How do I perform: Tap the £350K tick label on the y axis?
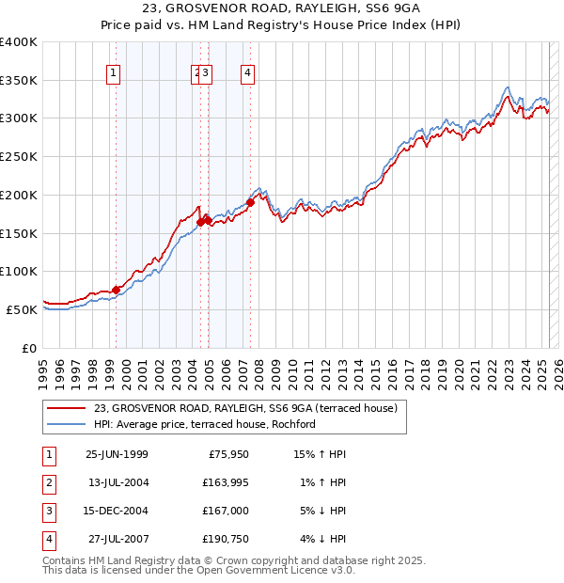pyautogui.click(x=20, y=81)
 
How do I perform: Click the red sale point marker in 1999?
pyautogui.click(x=117, y=290)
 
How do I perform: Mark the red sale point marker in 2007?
pyautogui.click(x=251, y=202)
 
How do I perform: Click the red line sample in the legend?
pyautogui.click(x=66, y=408)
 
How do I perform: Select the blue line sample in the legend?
pyautogui.click(x=66, y=424)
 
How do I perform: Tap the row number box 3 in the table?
pyautogui.click(x=47, y=511)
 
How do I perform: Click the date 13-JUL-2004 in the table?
pyautogui.click(x=117, y=483)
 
